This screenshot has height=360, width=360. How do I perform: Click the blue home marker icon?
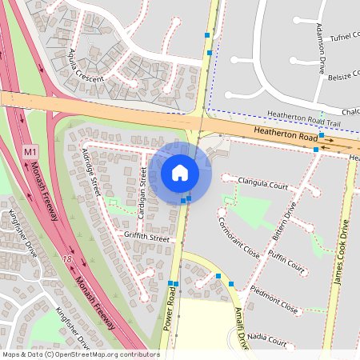point(180,172)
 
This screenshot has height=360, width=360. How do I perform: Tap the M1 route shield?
point(30,151)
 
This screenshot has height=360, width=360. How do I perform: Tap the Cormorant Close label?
point(241,237)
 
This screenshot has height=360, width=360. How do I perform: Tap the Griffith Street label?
point(146,238)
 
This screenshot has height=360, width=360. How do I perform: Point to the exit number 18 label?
point(68,260)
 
